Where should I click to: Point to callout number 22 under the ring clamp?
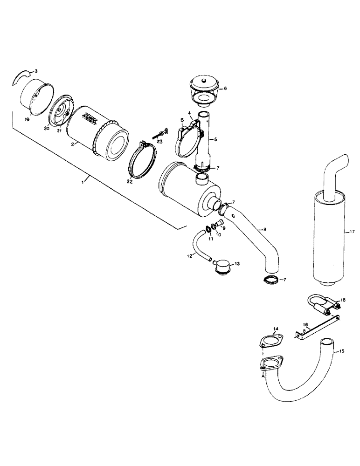tap(130, 182)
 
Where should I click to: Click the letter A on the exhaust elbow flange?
tap(264, 375)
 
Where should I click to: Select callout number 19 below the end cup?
tap(28, 119)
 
